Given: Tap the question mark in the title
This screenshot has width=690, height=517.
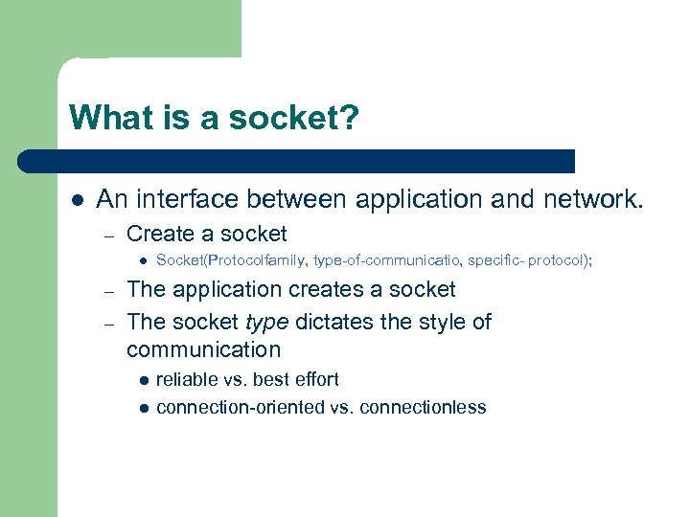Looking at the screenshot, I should coord(352,119).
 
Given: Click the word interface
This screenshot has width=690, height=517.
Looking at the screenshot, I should coord(176,199).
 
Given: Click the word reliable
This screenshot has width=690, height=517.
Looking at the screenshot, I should coord(188,379).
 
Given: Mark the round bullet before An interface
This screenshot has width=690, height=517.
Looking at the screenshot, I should coord(78,200).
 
